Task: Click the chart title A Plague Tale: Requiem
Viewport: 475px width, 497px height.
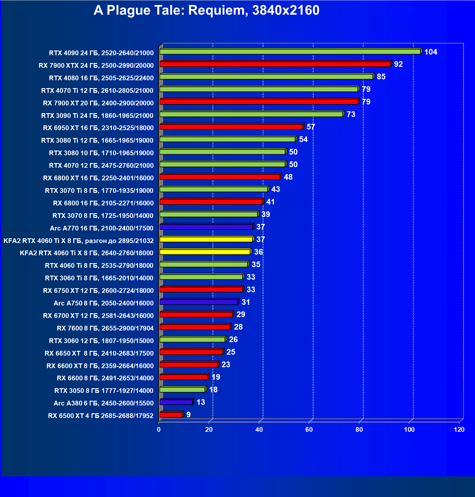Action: [x=206, y=10]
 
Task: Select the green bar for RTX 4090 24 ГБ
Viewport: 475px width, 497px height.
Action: [x=290, y=52]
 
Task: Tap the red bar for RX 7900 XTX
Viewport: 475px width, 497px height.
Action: [x=275, y=64]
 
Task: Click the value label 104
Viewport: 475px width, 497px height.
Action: [x=430, y=52]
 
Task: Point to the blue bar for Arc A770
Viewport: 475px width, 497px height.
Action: [x=206, y=227]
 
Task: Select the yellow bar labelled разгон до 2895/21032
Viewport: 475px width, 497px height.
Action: [x=206, y=240]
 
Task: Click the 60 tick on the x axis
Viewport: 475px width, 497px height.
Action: [x=309, y=430]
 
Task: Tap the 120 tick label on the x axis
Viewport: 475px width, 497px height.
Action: [x=459, y=430]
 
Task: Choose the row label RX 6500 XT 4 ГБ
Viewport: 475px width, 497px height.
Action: [x=101, y=416]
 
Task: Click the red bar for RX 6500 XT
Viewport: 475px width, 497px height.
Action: [x=171, y=415]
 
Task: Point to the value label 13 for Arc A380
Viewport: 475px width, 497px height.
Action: [x=201, y=402]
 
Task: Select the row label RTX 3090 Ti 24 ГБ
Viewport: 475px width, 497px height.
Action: [x=97, y=116]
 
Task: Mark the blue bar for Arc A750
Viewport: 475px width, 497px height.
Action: [x=199, y=302]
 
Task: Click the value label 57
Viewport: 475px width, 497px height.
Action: [x=311, y=127]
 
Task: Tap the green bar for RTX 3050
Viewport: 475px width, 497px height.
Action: [x=182, y=390]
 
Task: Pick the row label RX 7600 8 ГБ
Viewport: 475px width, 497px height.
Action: [x=105, y=328]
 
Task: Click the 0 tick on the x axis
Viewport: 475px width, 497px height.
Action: [x=159, y=430]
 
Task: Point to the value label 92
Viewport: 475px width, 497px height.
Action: [x=398, y=64]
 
